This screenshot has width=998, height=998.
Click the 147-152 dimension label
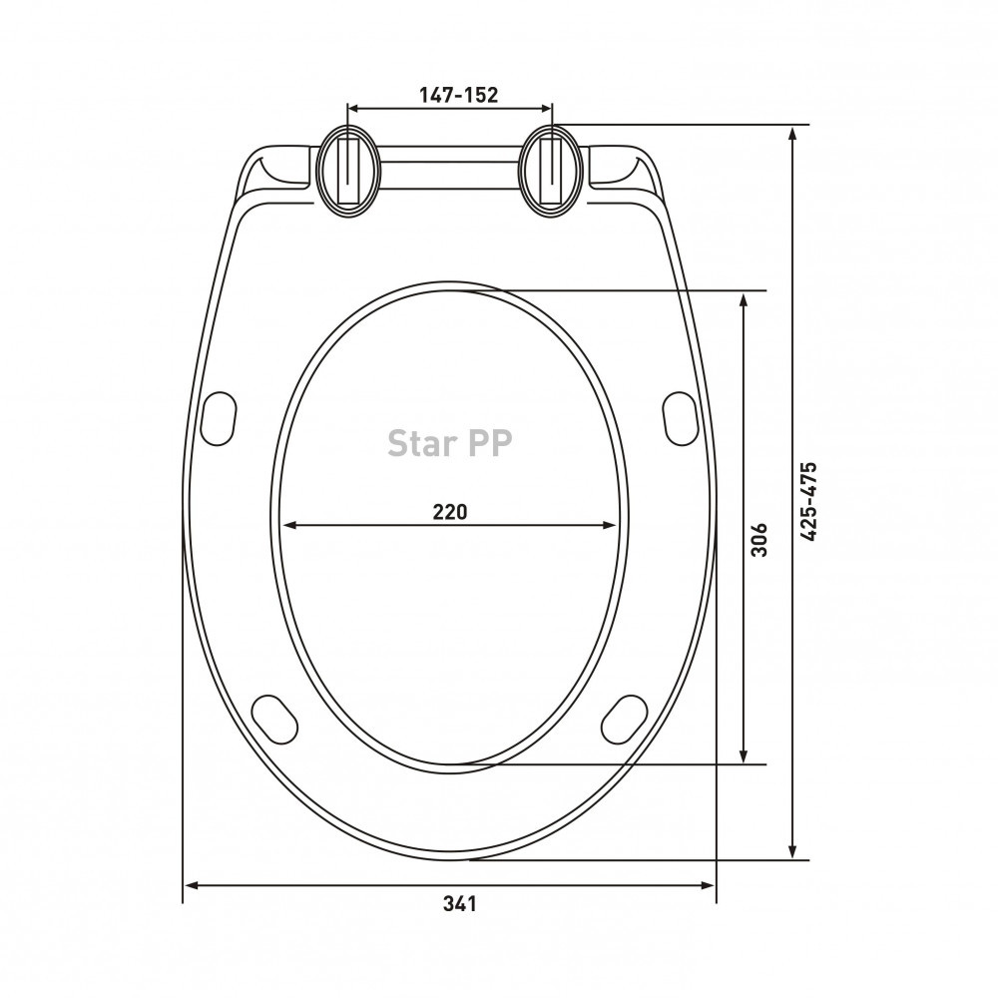pyautogui.click(x=458, y=95)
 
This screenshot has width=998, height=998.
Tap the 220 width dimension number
pyautogui.click(x=450, y=511)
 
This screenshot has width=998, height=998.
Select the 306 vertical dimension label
pyautogui.click(x=759, y=540)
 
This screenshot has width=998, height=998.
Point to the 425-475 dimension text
pyautogui.click(x=808, y=502)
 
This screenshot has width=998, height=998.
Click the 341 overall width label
pyautogui.click(x=459, y=903)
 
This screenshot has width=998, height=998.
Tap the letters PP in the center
pyautogui.click(x=489, y=443)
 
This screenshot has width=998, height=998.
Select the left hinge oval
pyautogui.click(x=348, y=171)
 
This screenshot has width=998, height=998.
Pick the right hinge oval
pyautogui.click(x=551, y=171)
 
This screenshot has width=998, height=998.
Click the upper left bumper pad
pyautogui.click(x=219, y=418)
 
